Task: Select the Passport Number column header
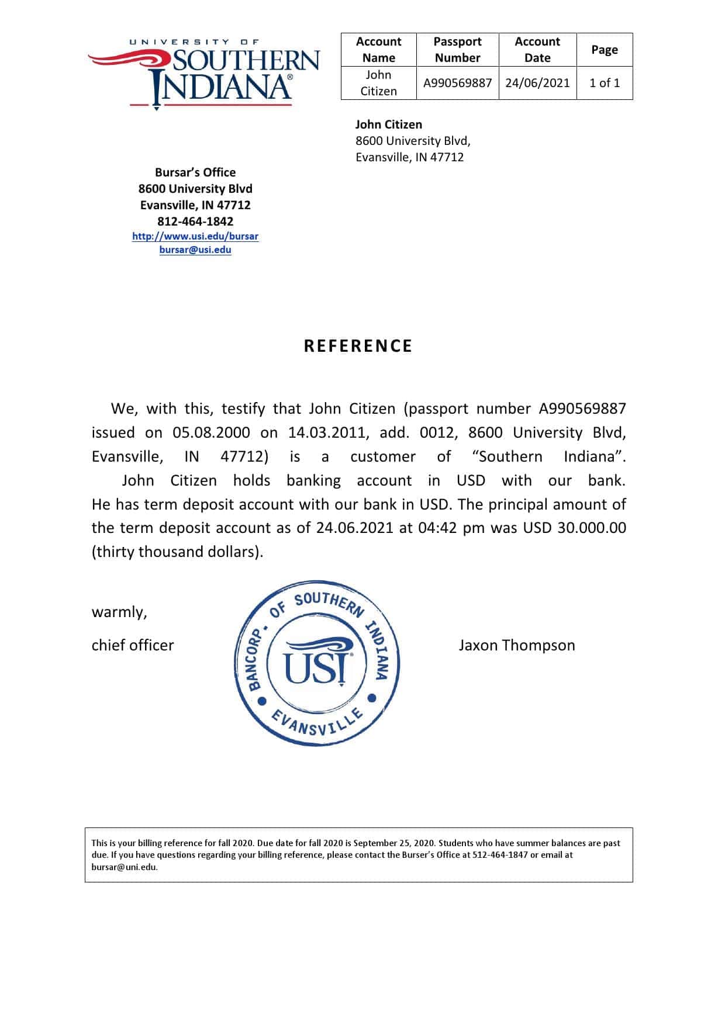pyautogui.click(x=457, y=50)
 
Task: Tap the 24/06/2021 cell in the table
pyautogui.click(x=537, y=83)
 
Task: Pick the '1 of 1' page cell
pyautogui.click(x=604, y=83)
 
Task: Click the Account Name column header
pyautogui.click(x=378, y=50)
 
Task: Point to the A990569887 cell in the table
pyautogui.click(x=457, y=83)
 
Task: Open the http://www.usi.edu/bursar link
pyautogui.click(x=195, y=237)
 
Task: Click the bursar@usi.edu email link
pyautogui.click(x=195, y=250)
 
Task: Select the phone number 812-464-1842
pyautogui.click(x=195, y=221)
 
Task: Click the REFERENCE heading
pyautogui.click(x=358, y=346)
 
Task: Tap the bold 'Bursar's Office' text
pyautogui.click(x=195, y=172)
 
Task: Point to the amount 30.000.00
pyautogui.click(x=592, y=528)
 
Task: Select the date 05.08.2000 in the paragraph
pyautogui.click(x=211, y=432)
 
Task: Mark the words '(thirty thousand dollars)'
pyautogui.click(x=177, y=552)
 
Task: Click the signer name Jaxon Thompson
pyautogui.click(x=517, y=645)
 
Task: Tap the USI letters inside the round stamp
pyautogui.click(x=316, y=667)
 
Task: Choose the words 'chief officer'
pyautogui.click(x=133, y=645)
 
